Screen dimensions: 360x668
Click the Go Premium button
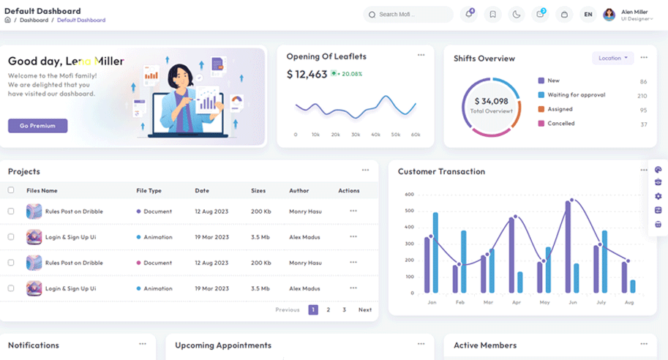click(x=37, y=126)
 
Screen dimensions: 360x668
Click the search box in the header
click(x=408, y=14)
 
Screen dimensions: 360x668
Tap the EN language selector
click(x=588, y=14)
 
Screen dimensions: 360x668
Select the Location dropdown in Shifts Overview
click(x=612, y=58)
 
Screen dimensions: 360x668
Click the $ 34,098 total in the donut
click(x=490, y=102)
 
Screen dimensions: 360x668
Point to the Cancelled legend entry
click(x=561, y=124)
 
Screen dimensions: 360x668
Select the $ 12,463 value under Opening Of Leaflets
click(x=307, y=74)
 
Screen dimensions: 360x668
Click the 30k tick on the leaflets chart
click(x=356, y=135)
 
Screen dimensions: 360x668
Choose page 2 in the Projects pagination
click(x=329, y=310)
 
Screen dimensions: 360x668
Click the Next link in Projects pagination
click(x=364, y=310)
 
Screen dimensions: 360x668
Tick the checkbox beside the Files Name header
click(x=11, y=190)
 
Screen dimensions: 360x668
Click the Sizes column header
click(x=258, y=190)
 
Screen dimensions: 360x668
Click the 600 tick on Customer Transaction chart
click(x=409, y=195)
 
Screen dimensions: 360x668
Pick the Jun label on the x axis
click(x=573, y=301)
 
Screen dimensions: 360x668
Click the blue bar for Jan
click(x=435, y=252)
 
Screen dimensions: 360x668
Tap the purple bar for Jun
click(x=568, y=247)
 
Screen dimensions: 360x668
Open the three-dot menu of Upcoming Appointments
click(x=421, y=343)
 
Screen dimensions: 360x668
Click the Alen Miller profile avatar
click(x=609, y=14)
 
